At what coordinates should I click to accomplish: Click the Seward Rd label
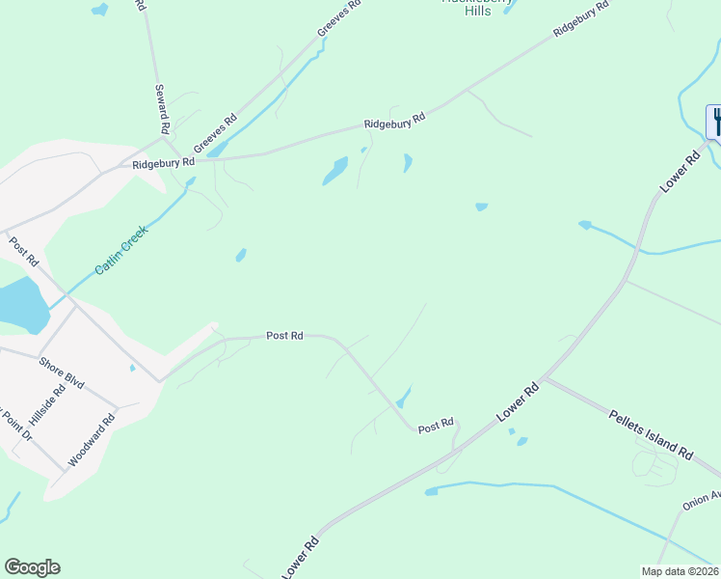coord(163,108)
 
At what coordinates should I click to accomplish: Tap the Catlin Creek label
coord(121,254)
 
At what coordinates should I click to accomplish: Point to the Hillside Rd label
coord(46,403)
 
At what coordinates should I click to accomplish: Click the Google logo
coord(32,567)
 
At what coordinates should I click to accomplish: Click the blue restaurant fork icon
coord(717,122)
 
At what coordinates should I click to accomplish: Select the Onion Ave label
coord(702,501)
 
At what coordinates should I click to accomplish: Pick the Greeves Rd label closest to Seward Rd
coord(215,134)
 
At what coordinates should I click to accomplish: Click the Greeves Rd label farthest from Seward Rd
coord(338,19)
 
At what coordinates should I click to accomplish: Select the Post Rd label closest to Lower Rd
coord(436,425)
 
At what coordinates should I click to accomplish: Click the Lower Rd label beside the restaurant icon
coord(679,170)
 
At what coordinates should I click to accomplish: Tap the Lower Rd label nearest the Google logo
coord(301,559)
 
